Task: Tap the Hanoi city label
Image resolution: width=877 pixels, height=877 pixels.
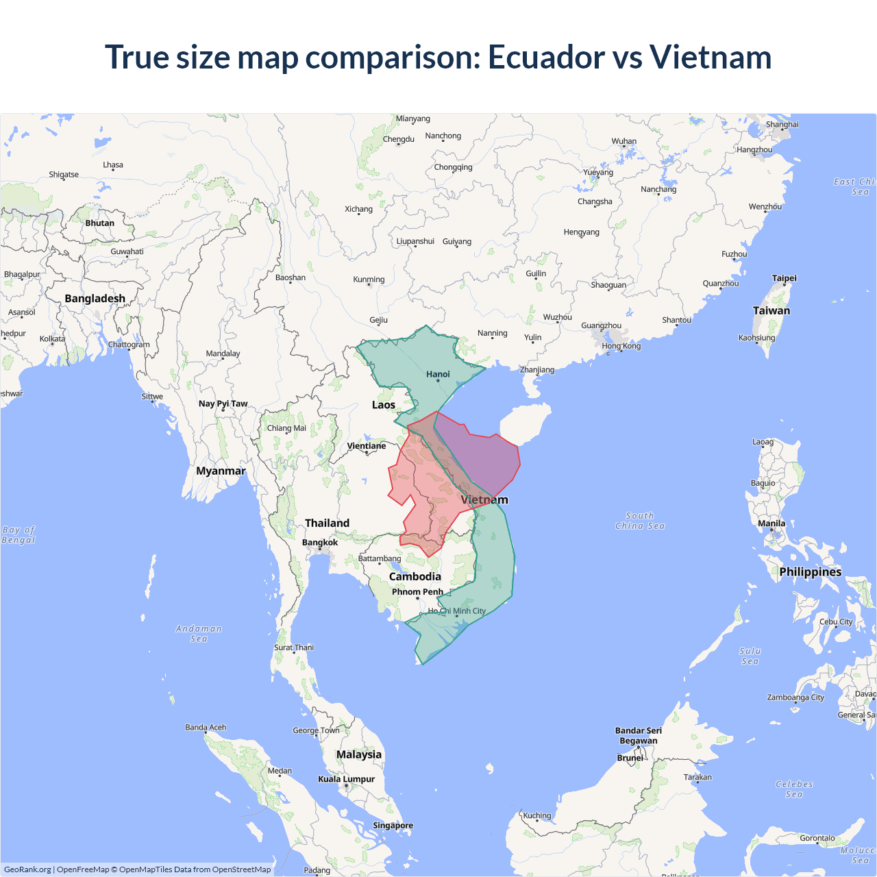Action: (x=438, y=374)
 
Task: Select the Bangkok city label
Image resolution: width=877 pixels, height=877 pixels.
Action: (x=320, y=543)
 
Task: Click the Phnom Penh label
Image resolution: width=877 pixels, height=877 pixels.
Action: (x=417, y=592)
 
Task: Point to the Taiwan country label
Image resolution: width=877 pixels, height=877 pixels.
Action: (x=771, y=310)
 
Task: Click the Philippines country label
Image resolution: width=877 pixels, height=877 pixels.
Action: (x=810, y=572)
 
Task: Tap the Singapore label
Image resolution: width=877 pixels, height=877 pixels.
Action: (x=393, y=826)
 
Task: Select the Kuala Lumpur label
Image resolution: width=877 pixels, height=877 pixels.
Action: (x=346, y=779)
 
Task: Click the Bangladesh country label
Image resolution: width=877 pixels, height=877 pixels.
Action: (x=95, y=299)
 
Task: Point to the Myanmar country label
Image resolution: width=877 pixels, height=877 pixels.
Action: (x=221, y=471)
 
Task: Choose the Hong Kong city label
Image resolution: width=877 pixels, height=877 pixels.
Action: (x=621, y=346)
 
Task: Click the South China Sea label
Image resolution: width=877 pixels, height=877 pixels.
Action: (x=640, y=521)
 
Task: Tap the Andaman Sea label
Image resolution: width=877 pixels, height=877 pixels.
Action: (x=199, y=634)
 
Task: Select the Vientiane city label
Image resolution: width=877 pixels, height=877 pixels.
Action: (x=367, y=446)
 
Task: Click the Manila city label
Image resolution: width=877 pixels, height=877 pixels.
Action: (x=771, y=523)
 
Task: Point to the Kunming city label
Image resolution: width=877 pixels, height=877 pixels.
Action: (x=369, y=280)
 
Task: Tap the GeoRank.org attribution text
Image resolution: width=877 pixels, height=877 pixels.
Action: (x=27, y=869)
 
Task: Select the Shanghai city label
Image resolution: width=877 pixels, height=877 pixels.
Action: (x=782, y=125)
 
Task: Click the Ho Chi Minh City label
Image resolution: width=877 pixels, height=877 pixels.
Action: (x=457, y=611)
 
